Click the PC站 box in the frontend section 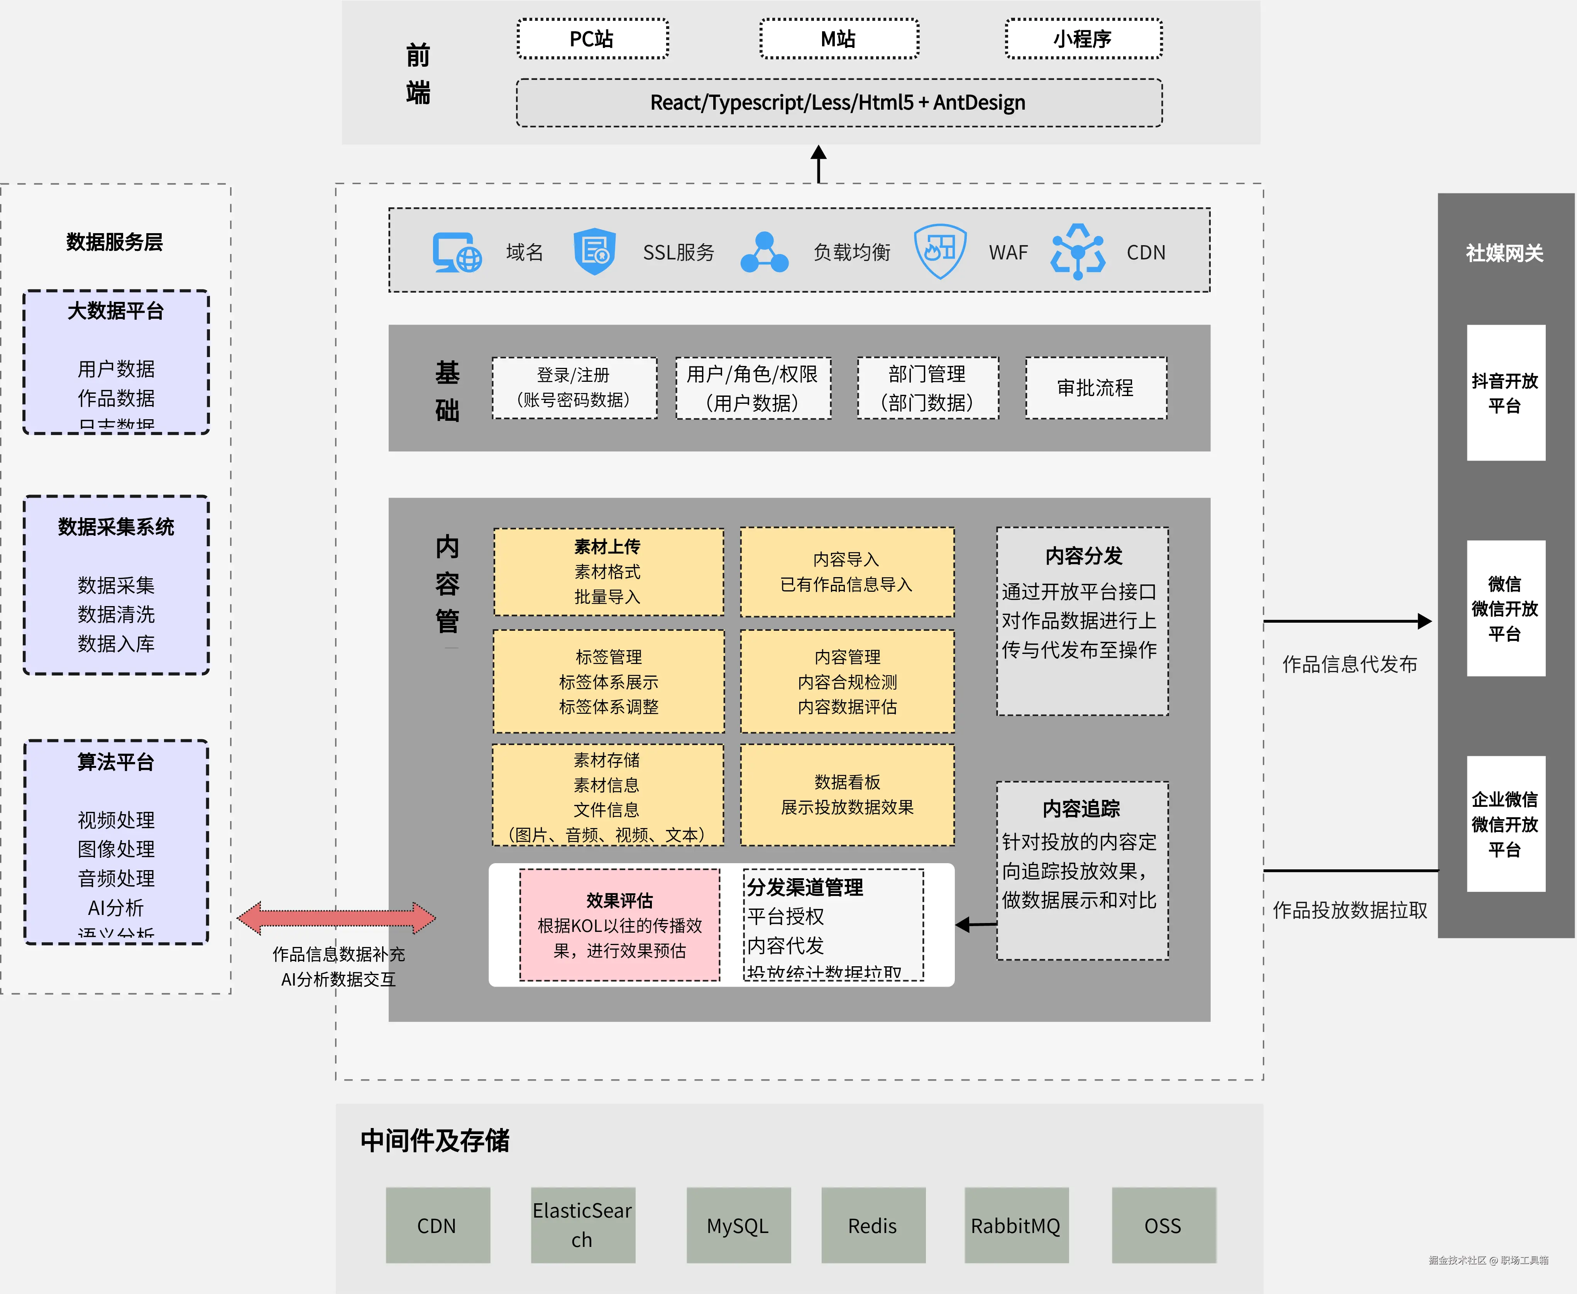coord(592,39)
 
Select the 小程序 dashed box coord(1083,39)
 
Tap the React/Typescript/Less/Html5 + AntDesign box coord(838,103)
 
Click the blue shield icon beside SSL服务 coord(594,252)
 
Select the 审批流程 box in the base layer coord(1095,388)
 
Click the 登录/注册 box coord(574,388)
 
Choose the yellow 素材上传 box coord(607,572)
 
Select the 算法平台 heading coord(115,762)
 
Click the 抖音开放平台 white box coord(1505,393)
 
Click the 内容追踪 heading coord(1081,809)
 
